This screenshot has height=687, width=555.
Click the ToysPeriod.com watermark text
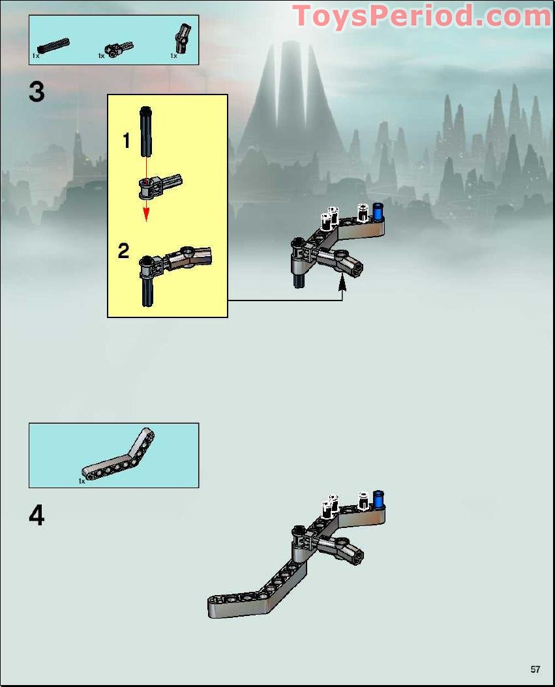coord(421,16)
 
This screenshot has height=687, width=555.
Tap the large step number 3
coord(37,93)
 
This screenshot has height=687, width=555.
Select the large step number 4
coord(37,516)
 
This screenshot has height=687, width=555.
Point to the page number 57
coord(535,669)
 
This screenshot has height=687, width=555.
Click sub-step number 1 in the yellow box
coord(127,141)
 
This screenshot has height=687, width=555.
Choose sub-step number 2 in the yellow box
coord(124,251)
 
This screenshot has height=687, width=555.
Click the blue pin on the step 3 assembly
coord(378,212)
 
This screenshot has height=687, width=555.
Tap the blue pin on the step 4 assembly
coord(378,499)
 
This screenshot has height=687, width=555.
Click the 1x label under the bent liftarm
coord(82,481)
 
